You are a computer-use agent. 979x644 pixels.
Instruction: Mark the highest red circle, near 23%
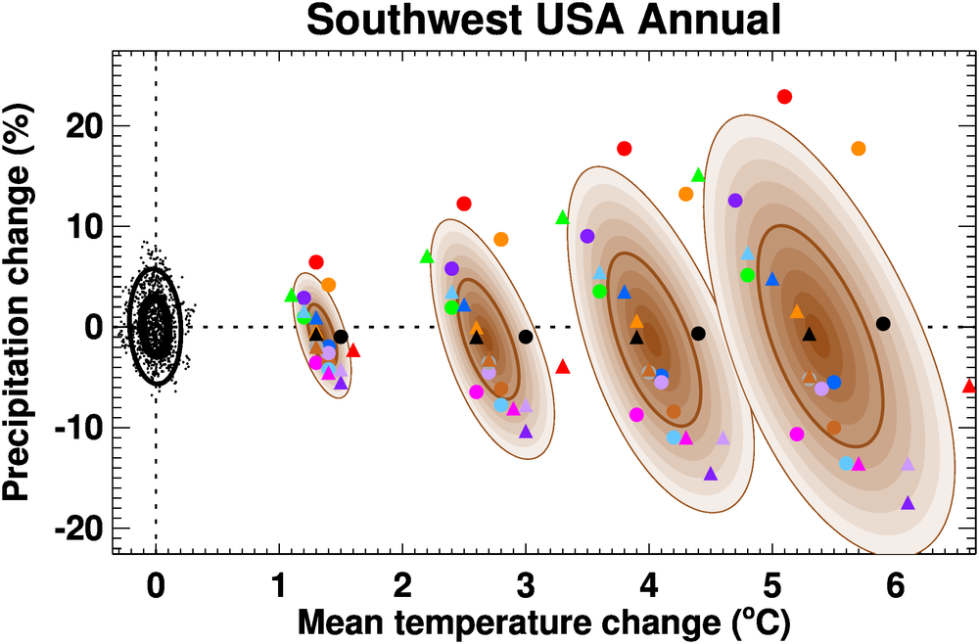(784, 96)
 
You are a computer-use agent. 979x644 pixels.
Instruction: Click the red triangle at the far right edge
(969, 386)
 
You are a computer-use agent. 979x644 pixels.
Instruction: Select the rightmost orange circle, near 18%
(859, 149)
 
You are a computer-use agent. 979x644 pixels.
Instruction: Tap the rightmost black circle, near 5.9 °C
(883, 324)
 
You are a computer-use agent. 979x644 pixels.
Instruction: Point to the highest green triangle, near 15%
(698, 175)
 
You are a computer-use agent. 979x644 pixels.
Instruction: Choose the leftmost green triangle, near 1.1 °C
(291, 295)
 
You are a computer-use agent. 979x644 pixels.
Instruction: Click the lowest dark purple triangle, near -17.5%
(908, 503)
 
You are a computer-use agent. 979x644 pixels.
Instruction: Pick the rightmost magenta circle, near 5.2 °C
(797, 434)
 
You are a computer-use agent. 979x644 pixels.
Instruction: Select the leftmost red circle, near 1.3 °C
(316, 262)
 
